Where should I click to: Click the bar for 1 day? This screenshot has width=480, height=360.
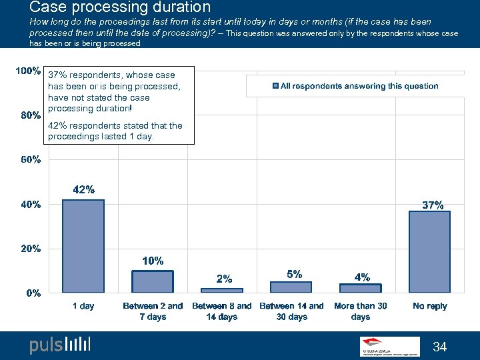83,246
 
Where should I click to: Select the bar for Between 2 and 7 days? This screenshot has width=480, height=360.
153,281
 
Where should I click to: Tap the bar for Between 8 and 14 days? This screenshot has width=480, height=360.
222,290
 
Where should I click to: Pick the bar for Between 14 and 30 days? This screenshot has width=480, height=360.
291,287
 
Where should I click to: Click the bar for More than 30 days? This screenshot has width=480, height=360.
360,288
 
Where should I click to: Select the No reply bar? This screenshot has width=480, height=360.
429,251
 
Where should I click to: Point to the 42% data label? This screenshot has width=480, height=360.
83,190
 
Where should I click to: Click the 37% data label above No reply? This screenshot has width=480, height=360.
433,205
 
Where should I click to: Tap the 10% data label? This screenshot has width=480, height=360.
153,261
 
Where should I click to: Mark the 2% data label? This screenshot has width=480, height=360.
224,279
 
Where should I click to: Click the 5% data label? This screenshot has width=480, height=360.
295,274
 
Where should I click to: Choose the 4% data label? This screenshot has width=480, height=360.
362,277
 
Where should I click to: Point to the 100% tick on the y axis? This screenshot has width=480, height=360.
29,71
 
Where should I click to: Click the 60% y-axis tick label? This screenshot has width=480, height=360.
31,160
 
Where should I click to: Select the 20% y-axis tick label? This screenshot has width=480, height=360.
31,249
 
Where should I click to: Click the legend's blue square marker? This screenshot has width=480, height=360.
275,86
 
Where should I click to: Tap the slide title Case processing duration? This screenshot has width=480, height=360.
120,8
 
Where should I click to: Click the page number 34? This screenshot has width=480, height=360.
440,347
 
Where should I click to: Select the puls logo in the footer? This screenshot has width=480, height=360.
60,345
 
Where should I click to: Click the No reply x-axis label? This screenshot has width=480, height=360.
429,306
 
